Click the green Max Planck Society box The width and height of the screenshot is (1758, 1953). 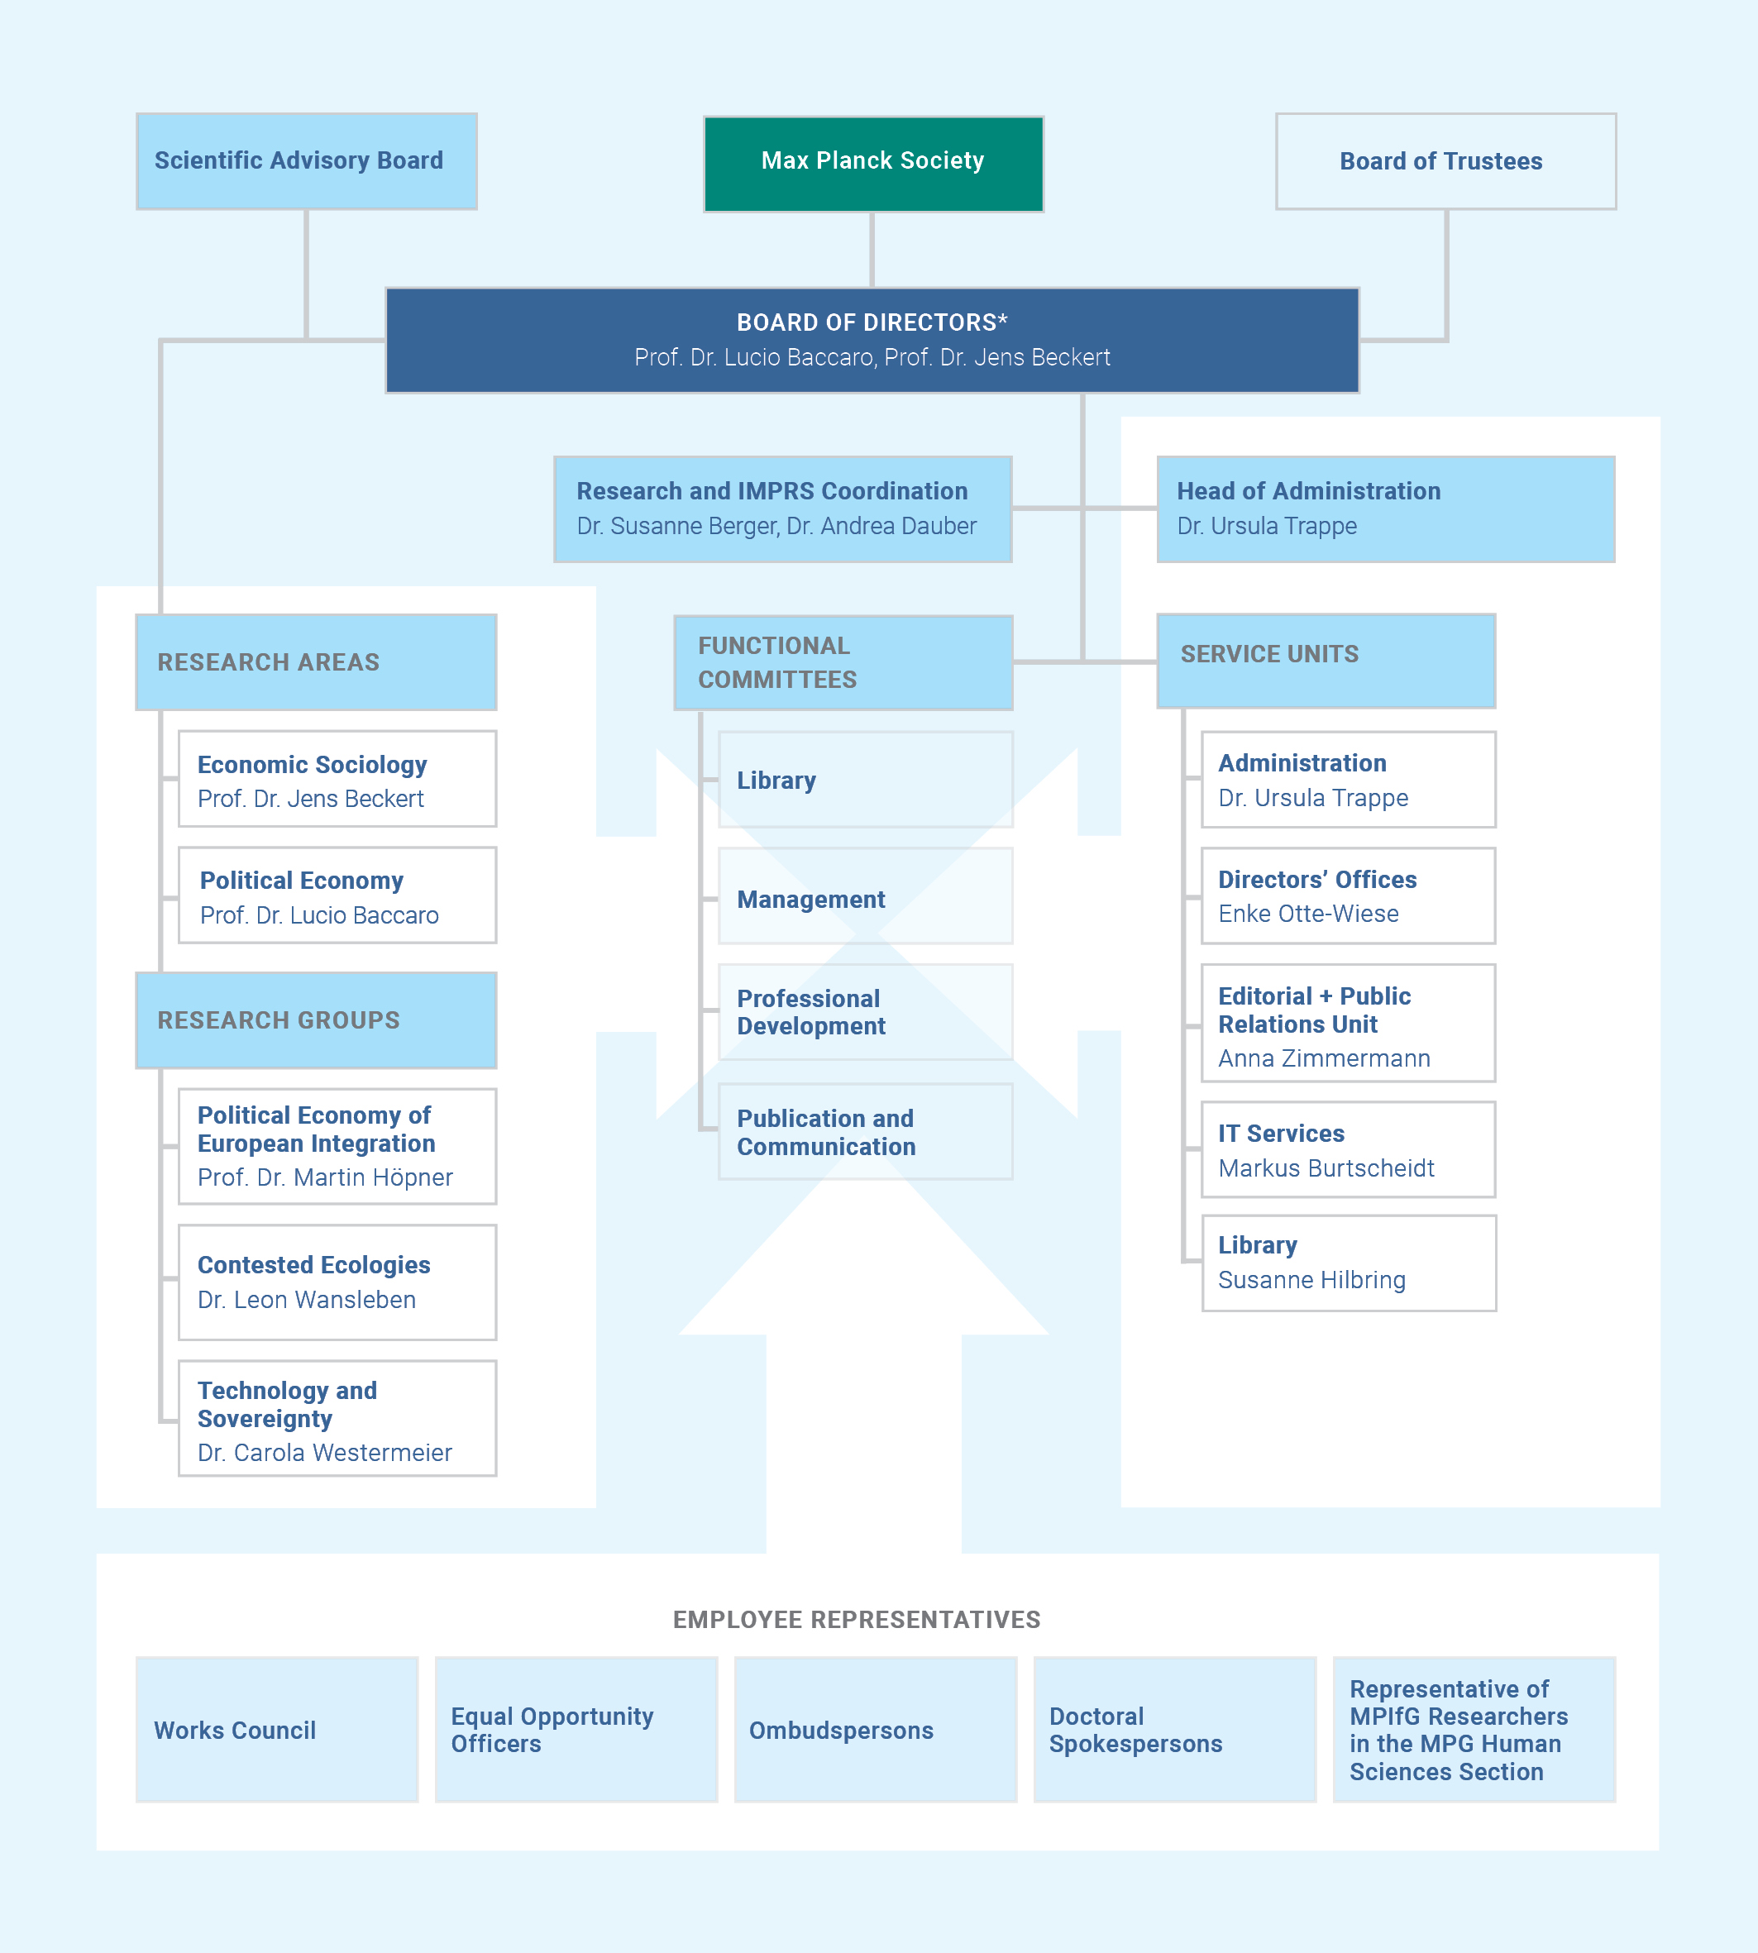(x=872, y=162)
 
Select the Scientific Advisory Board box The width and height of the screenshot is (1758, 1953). (x=306, y=161)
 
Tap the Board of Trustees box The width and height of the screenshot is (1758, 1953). (x=1445, y=161)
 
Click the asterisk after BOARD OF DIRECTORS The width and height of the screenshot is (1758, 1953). (x=1003, y=320)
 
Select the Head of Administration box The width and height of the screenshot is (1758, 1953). (x=1384, y=509)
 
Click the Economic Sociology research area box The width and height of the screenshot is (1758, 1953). (x=337, y=779)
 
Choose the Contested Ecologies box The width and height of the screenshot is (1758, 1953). (x=337, y=1282)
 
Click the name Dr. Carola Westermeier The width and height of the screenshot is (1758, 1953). (x=324, y=1453)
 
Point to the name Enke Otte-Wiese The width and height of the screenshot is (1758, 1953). (x=1308, y=914)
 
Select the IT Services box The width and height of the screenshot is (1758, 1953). (x=1348, y=1149)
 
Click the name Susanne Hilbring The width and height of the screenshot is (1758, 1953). (x=1311, y=1280)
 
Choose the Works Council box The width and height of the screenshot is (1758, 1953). (x=277, y=1729)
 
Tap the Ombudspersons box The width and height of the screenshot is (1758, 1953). (x=875, y=1729)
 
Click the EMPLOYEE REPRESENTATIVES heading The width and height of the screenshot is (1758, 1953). (x=857, y=1620)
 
